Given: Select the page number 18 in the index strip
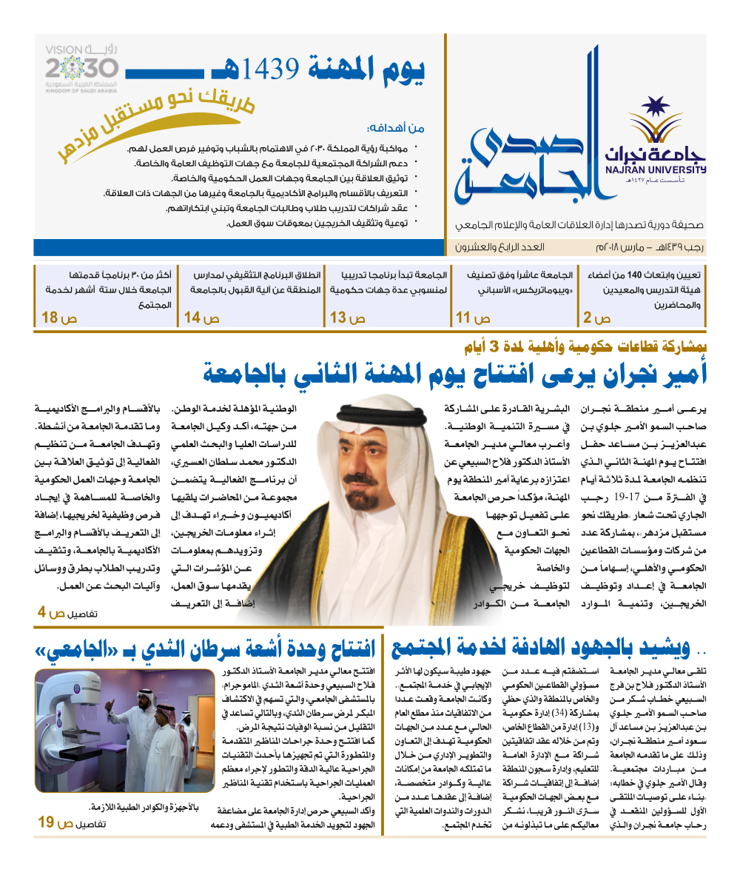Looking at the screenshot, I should pyautogui.click(x=50, y=318).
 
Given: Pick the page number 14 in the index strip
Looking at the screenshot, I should pyautogui.click(x=192, y=318).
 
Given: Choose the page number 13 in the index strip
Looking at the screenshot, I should pyautogui.click(x=339, y=318).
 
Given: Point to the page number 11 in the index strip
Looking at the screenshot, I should pyautogui.click(x=464, y=318).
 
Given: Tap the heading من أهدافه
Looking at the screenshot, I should pyautogui.click(x=396, y=127).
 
